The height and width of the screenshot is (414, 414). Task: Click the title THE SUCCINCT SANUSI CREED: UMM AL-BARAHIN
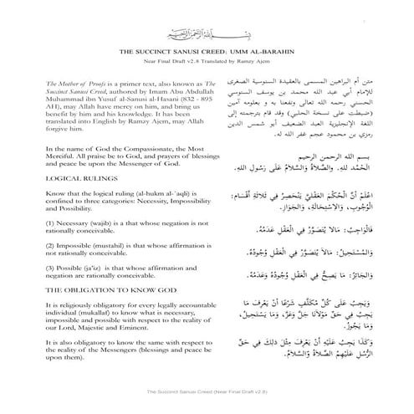coord(207,52)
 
